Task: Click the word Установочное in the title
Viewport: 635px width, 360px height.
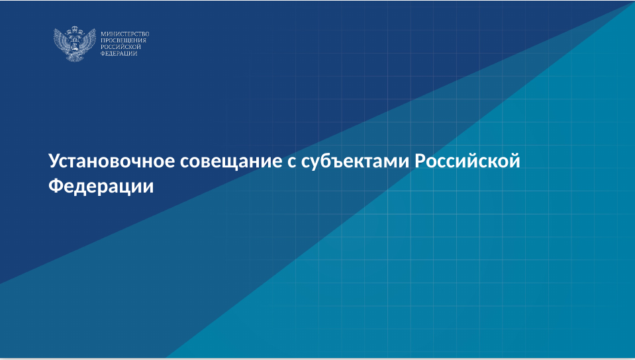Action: coord(112,161)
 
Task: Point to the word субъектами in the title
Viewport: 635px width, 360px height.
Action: coord(355,162)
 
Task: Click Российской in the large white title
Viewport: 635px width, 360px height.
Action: coord(467,161)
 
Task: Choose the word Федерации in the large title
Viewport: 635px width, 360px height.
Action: coord(101,186)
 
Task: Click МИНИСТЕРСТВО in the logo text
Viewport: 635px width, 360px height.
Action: coord(124,34)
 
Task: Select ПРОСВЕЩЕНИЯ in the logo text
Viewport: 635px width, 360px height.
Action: coord(123,40)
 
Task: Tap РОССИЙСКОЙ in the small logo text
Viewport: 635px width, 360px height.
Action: coord(121,47)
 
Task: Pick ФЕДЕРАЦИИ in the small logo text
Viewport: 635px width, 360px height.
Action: coord(119,54)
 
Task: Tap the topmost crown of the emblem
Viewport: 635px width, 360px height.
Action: coord(75,29)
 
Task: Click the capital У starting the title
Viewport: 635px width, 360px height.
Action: coord(55,161)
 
